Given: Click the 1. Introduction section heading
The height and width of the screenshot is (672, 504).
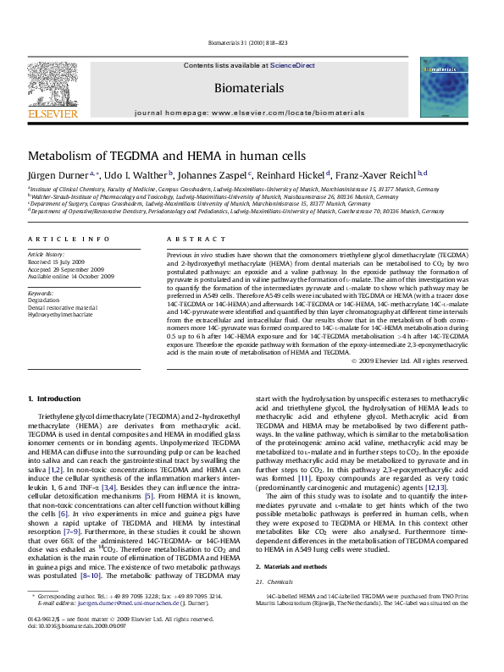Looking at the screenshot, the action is coord(54,396).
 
